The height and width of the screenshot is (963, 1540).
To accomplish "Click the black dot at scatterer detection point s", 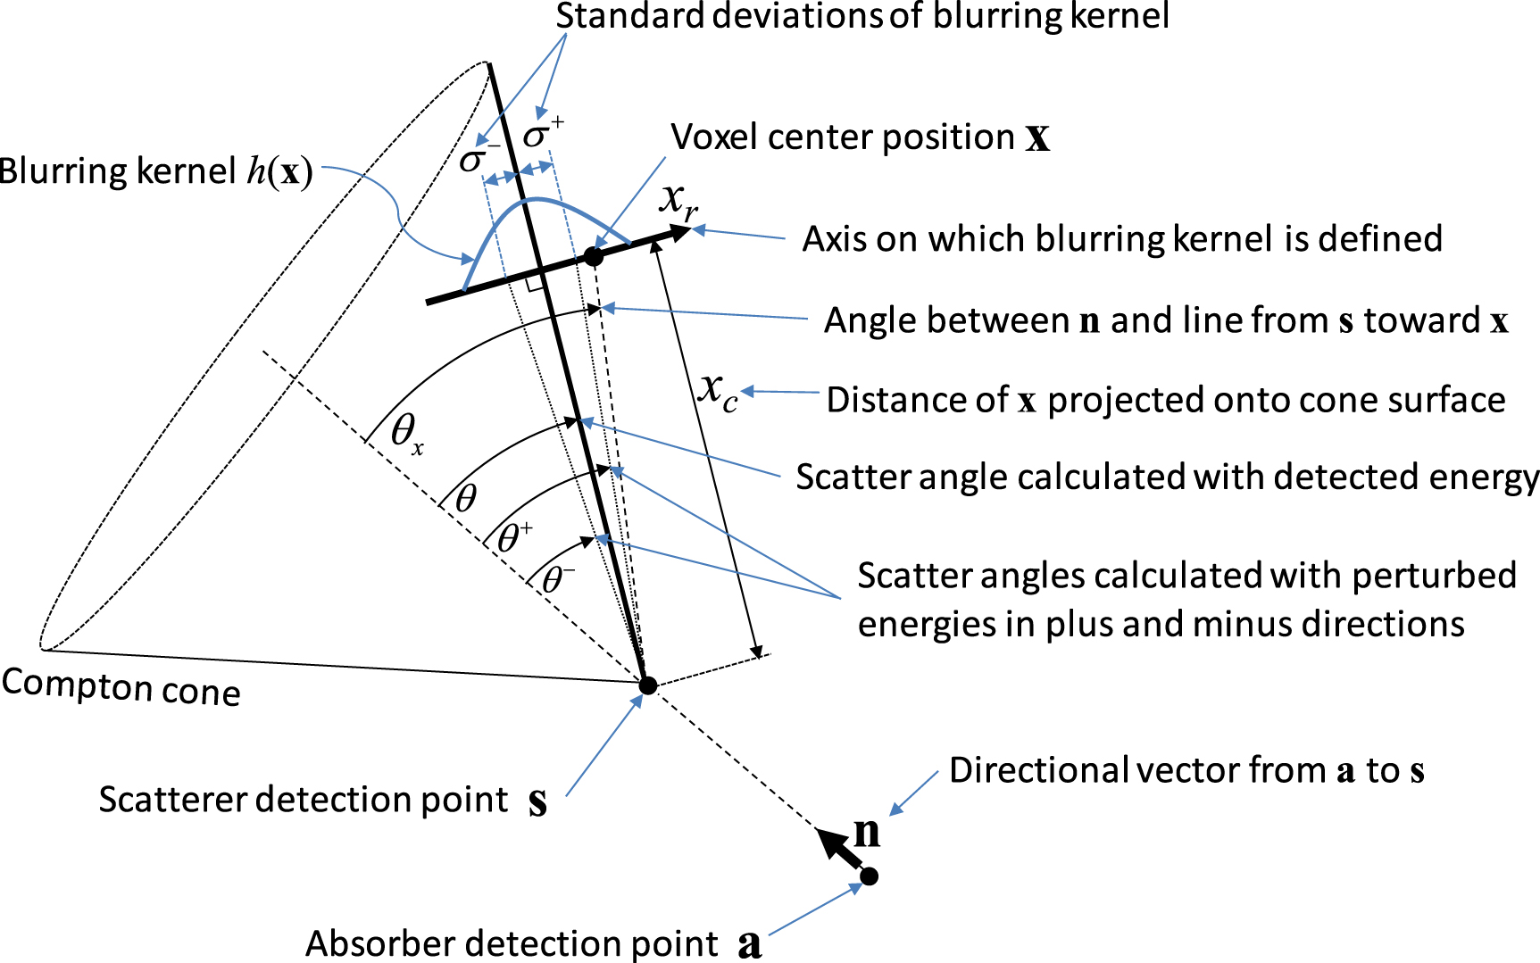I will click(648, 685).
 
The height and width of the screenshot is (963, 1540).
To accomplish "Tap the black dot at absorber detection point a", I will click(869, 876).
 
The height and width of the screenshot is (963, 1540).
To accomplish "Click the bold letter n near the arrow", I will click(866, 831).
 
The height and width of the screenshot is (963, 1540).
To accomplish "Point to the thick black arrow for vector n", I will click(839, 848).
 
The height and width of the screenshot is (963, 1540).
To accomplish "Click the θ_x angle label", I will click(407, 434).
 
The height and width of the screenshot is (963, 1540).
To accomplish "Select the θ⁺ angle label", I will click(514, 537).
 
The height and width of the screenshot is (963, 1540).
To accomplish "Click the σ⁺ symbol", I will click(543, 134).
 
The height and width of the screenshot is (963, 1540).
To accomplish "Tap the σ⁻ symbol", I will click(479, 159).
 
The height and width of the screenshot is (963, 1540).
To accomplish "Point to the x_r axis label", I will click(678, 202).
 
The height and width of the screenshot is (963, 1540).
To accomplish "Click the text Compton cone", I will click(121, 688).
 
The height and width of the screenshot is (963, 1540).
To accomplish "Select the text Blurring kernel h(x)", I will click(156, 171).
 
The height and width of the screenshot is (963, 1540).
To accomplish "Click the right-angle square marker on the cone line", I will click(535, 285).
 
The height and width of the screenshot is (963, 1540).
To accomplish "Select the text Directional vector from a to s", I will click(1186, 770).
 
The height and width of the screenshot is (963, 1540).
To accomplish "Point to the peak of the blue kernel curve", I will click(533, 199).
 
